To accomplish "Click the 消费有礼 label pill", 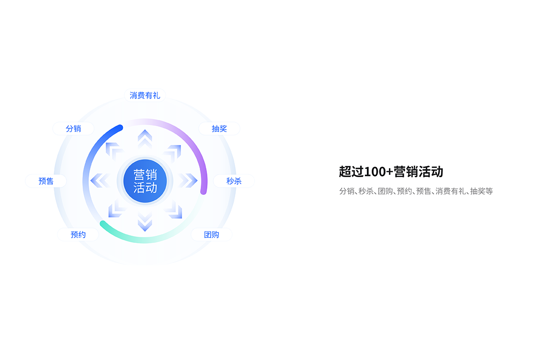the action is click(145, 96).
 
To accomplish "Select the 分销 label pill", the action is click(73, 129).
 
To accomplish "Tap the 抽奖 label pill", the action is click(219, 129).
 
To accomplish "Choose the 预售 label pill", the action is click(46, 181).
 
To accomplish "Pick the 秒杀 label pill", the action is click(234, 181).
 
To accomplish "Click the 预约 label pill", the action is click(78, 235).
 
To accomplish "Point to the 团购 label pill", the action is click(211, 235).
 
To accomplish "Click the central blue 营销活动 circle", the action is click(145, 181).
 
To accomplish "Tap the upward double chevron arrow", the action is click(145, 138).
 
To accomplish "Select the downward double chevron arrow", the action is click(145, 223).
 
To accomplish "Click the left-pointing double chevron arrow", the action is click(100, 180).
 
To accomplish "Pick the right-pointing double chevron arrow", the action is click(188, 180).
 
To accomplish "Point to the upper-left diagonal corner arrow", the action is click(114, 151).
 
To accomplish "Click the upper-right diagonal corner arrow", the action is click(173, 153).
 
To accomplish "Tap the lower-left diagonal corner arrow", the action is click(117, 209).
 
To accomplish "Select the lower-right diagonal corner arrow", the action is click(174, 209).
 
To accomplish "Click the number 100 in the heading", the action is click(375, 172).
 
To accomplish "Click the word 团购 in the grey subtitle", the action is click(385, 192).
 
